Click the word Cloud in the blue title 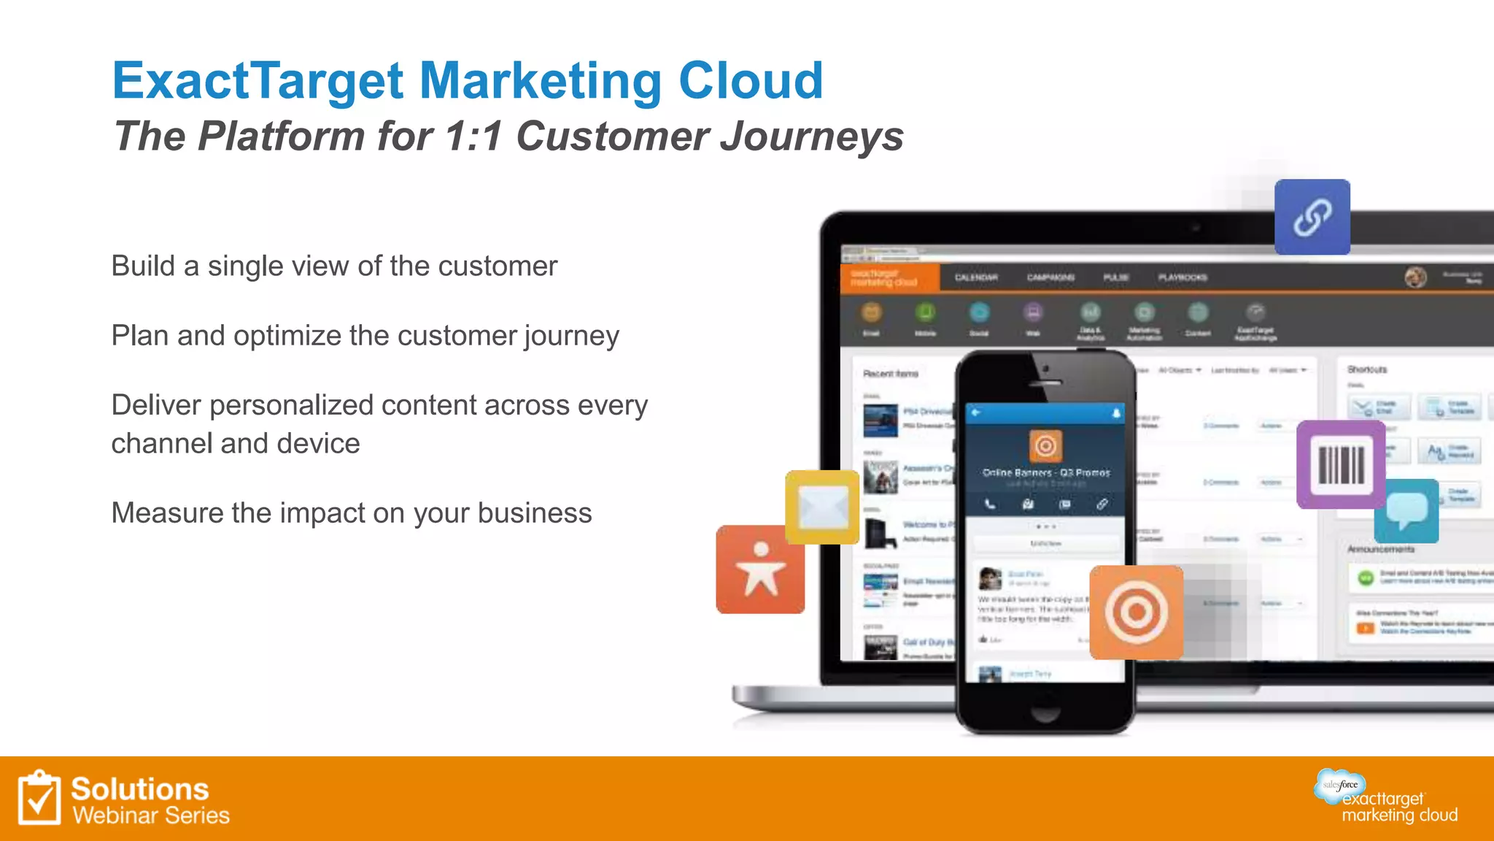[x=751, y=80]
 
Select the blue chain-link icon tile [x=1312, y=217]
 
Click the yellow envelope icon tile [x=822, y=507]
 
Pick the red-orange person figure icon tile [x=760, y=569]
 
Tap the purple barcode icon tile [x=1340, y=464]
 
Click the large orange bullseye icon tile [x=1136, y=612]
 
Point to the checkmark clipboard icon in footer [x=39, y=798]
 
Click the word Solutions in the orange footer [x=140, y=789]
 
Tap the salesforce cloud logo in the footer [x=1340, y=785]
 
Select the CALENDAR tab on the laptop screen [x=976, y=277]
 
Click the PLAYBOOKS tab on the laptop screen [x=1183, y=277]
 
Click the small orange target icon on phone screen [x=1045, y=445]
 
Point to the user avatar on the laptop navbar [x=1415, y=277]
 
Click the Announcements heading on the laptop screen [x=1380, y=549]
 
